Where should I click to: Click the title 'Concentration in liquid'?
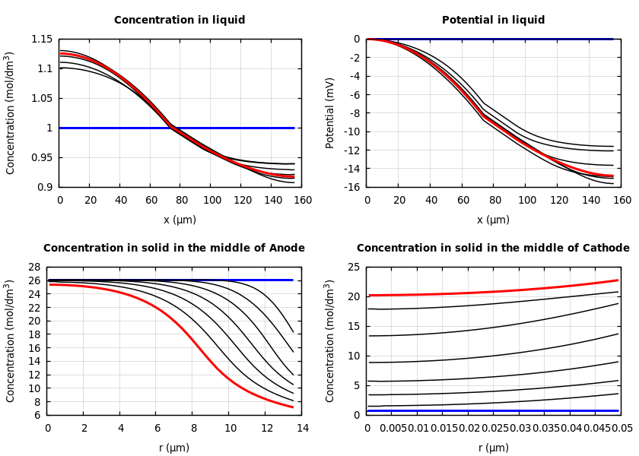[180, 21]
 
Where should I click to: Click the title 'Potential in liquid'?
[493, 21]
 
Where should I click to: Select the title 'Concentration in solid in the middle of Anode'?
[174, 249]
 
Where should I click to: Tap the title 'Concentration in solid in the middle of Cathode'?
[493, 249]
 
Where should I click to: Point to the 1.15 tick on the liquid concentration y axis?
[43, 39]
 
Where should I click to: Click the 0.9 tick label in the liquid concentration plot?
[45, 187]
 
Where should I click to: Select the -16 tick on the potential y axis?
[350, 187]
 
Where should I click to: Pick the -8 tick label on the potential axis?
[354, 113]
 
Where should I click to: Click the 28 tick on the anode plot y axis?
[33, 267]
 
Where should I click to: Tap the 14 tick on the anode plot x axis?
[302, 429]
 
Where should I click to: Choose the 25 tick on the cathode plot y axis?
[353, 267]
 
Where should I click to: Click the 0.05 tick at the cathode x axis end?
[622, 429]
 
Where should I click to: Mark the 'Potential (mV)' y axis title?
[330, 112]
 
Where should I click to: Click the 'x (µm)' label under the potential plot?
[493, 220]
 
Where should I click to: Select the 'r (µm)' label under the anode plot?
[174, 448]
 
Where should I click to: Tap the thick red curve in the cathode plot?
[494, 292]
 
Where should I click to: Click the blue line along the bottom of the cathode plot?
[494, 410]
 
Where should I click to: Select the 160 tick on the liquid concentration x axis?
[302, 201]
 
